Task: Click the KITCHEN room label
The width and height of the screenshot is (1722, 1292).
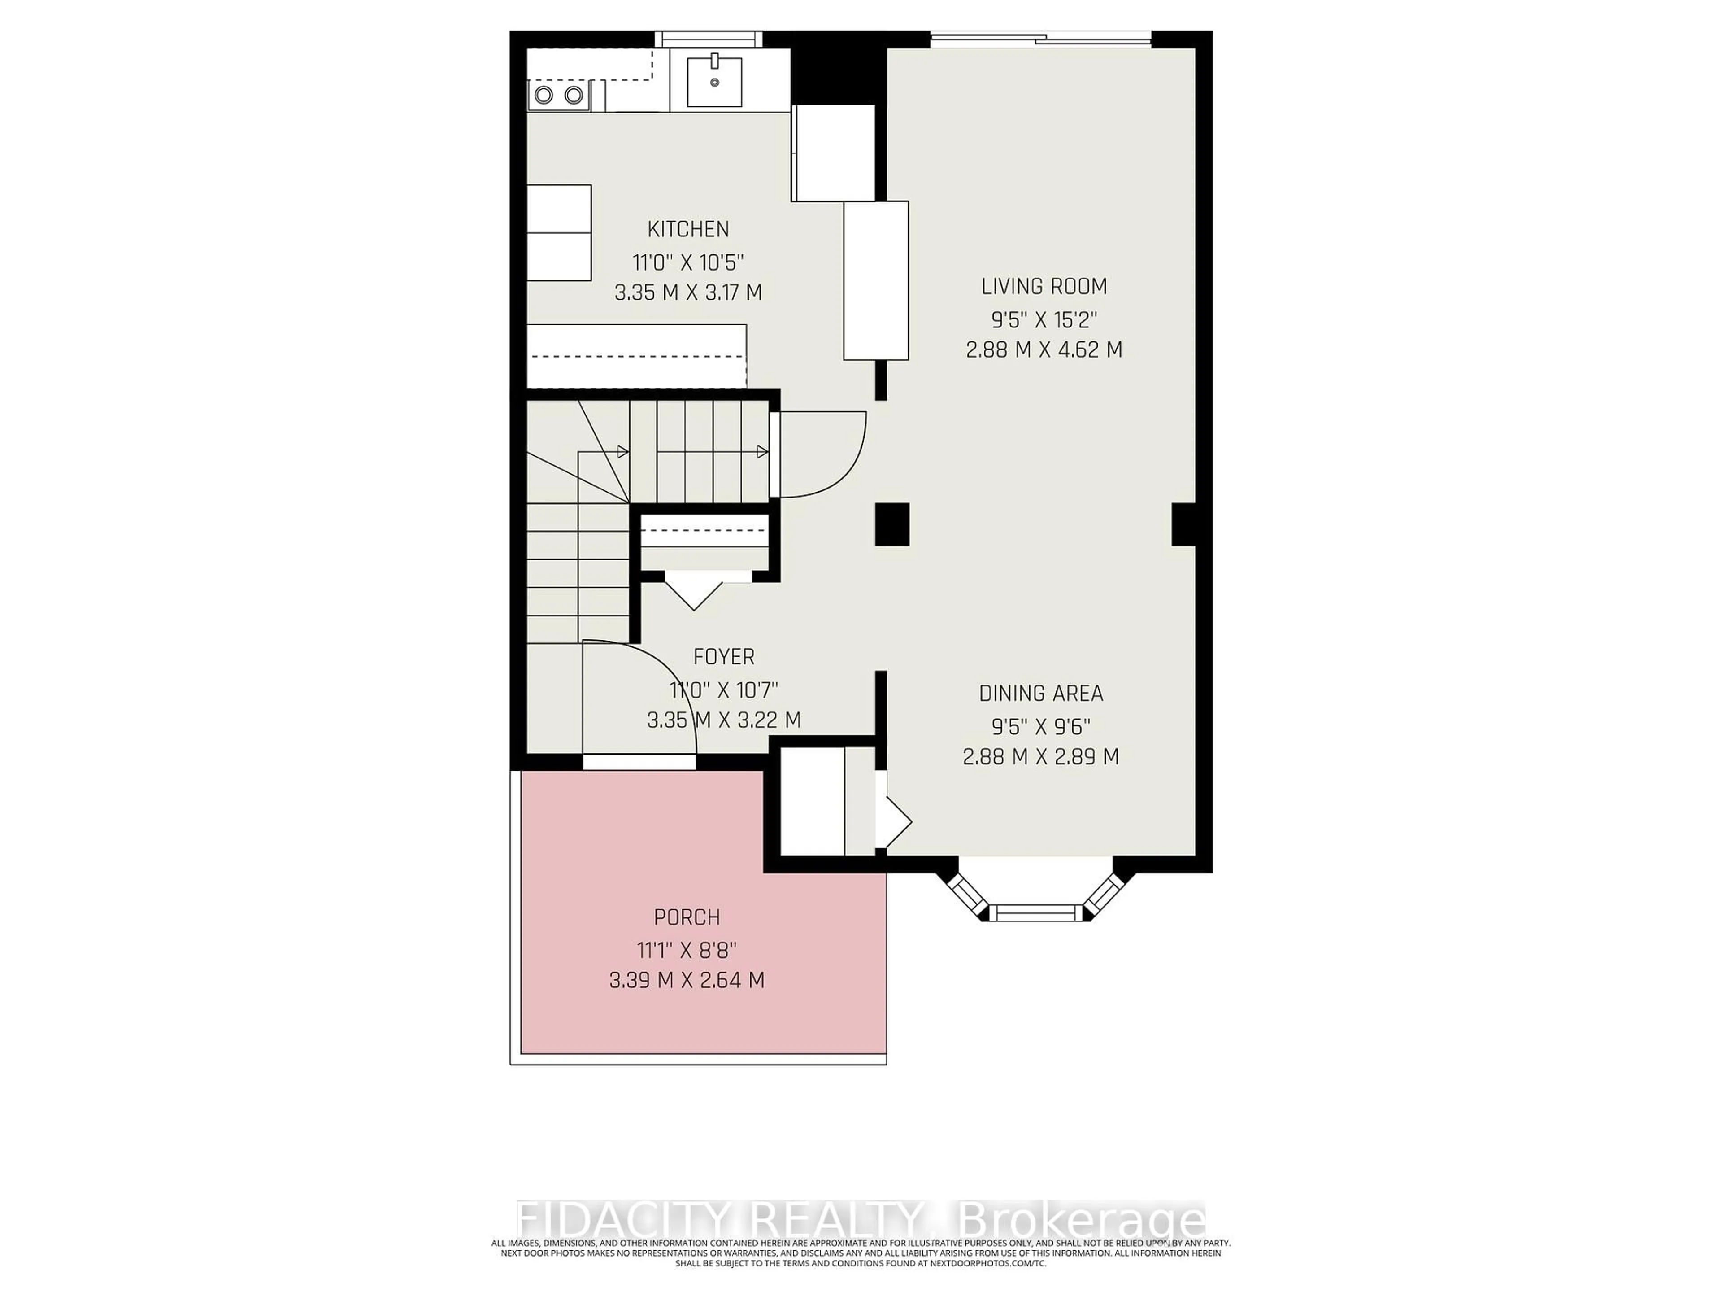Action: pos(688,229)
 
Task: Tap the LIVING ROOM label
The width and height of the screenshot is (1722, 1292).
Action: pos(1044,287)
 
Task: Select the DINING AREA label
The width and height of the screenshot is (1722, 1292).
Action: pos(1041,693)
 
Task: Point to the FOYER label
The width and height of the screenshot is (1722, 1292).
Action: pos(724,656)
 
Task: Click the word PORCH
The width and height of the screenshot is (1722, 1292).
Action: pos(687,917)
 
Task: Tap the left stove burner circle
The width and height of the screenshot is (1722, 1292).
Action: pos(544,95)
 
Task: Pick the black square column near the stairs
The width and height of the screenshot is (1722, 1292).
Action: pos(892,524)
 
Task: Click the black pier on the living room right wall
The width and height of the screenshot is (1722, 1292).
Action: pos(1183,524)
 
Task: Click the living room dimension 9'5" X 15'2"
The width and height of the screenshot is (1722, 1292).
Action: pos(1044,319)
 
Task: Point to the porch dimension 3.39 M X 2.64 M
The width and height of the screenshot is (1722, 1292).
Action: pos(687,980)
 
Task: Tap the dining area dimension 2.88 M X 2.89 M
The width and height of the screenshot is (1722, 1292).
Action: pos(1041,756)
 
